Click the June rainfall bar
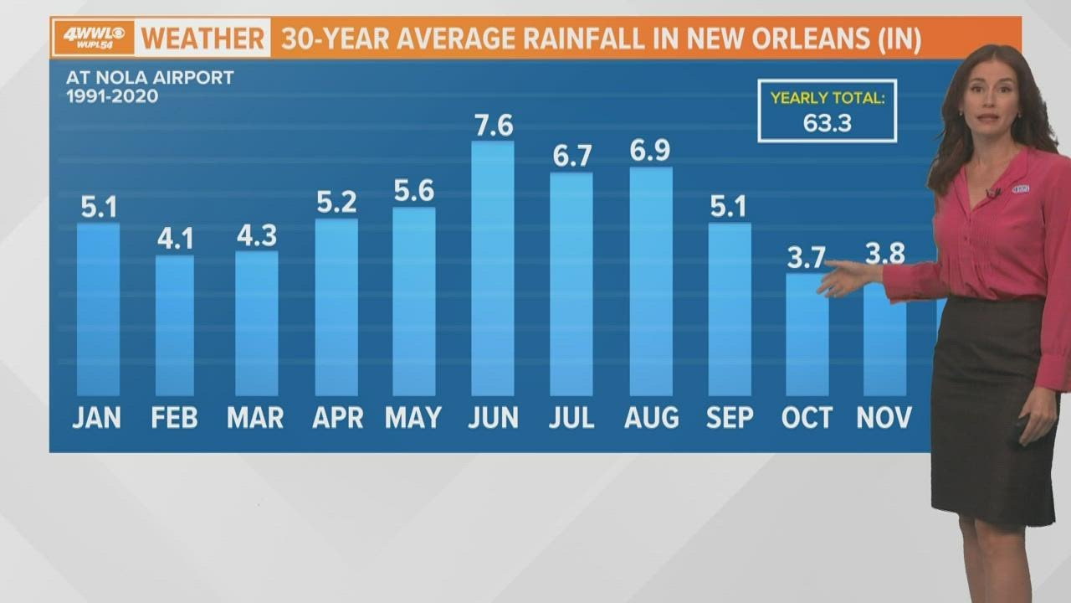[x=493, y=269]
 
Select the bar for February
[x=175, y=326]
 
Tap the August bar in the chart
[x=651, y=281]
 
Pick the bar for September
[x=730, y=310]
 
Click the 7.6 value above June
[x=494, y=126]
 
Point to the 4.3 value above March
[x=257, y=235]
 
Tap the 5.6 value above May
[x=414, y=190]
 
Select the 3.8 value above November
[x=885, y=254]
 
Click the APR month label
[x=337, y=418]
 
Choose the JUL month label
[x=571, y=418]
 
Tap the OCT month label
[x=807, y=418]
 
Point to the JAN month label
[x=96, y=418]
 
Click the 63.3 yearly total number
[x=828, y=123]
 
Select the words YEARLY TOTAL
[x=828, y=98]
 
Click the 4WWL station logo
[x=94, y=38]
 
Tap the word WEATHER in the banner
[x=202, y=39]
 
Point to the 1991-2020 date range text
[x=112, y=96]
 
